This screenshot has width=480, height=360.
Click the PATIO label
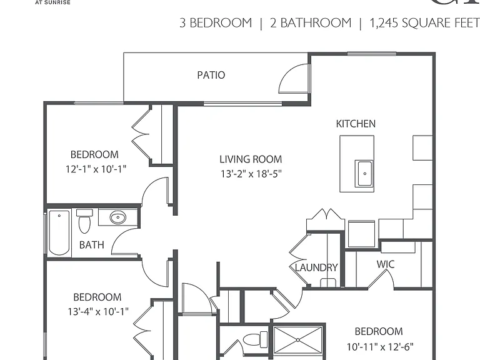[211, 75]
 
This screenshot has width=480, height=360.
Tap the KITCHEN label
[356, 124]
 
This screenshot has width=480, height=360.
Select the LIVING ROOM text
[251, 159]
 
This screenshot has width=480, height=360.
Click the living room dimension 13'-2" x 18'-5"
[251, 174]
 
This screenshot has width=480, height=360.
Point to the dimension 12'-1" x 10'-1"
[96, 169]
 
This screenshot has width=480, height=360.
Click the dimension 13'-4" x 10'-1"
[98, 312]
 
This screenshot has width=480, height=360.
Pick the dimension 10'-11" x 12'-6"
[380, 346]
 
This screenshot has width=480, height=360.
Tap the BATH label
[91, 245]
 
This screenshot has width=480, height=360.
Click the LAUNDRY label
[316, 267]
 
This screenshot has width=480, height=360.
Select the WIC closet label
[386, 264]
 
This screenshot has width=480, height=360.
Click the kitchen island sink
[364, 174]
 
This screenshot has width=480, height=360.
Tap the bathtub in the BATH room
[59, 232]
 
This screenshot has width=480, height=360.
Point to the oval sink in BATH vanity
[118, 217]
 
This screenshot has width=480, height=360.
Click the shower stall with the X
[298, 340]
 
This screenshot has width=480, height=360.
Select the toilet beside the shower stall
[255, 339]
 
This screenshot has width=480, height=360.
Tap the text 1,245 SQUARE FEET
[425, 23]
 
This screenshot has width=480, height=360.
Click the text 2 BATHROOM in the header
[311, 23]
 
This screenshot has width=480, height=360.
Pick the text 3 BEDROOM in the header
[216, 23]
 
